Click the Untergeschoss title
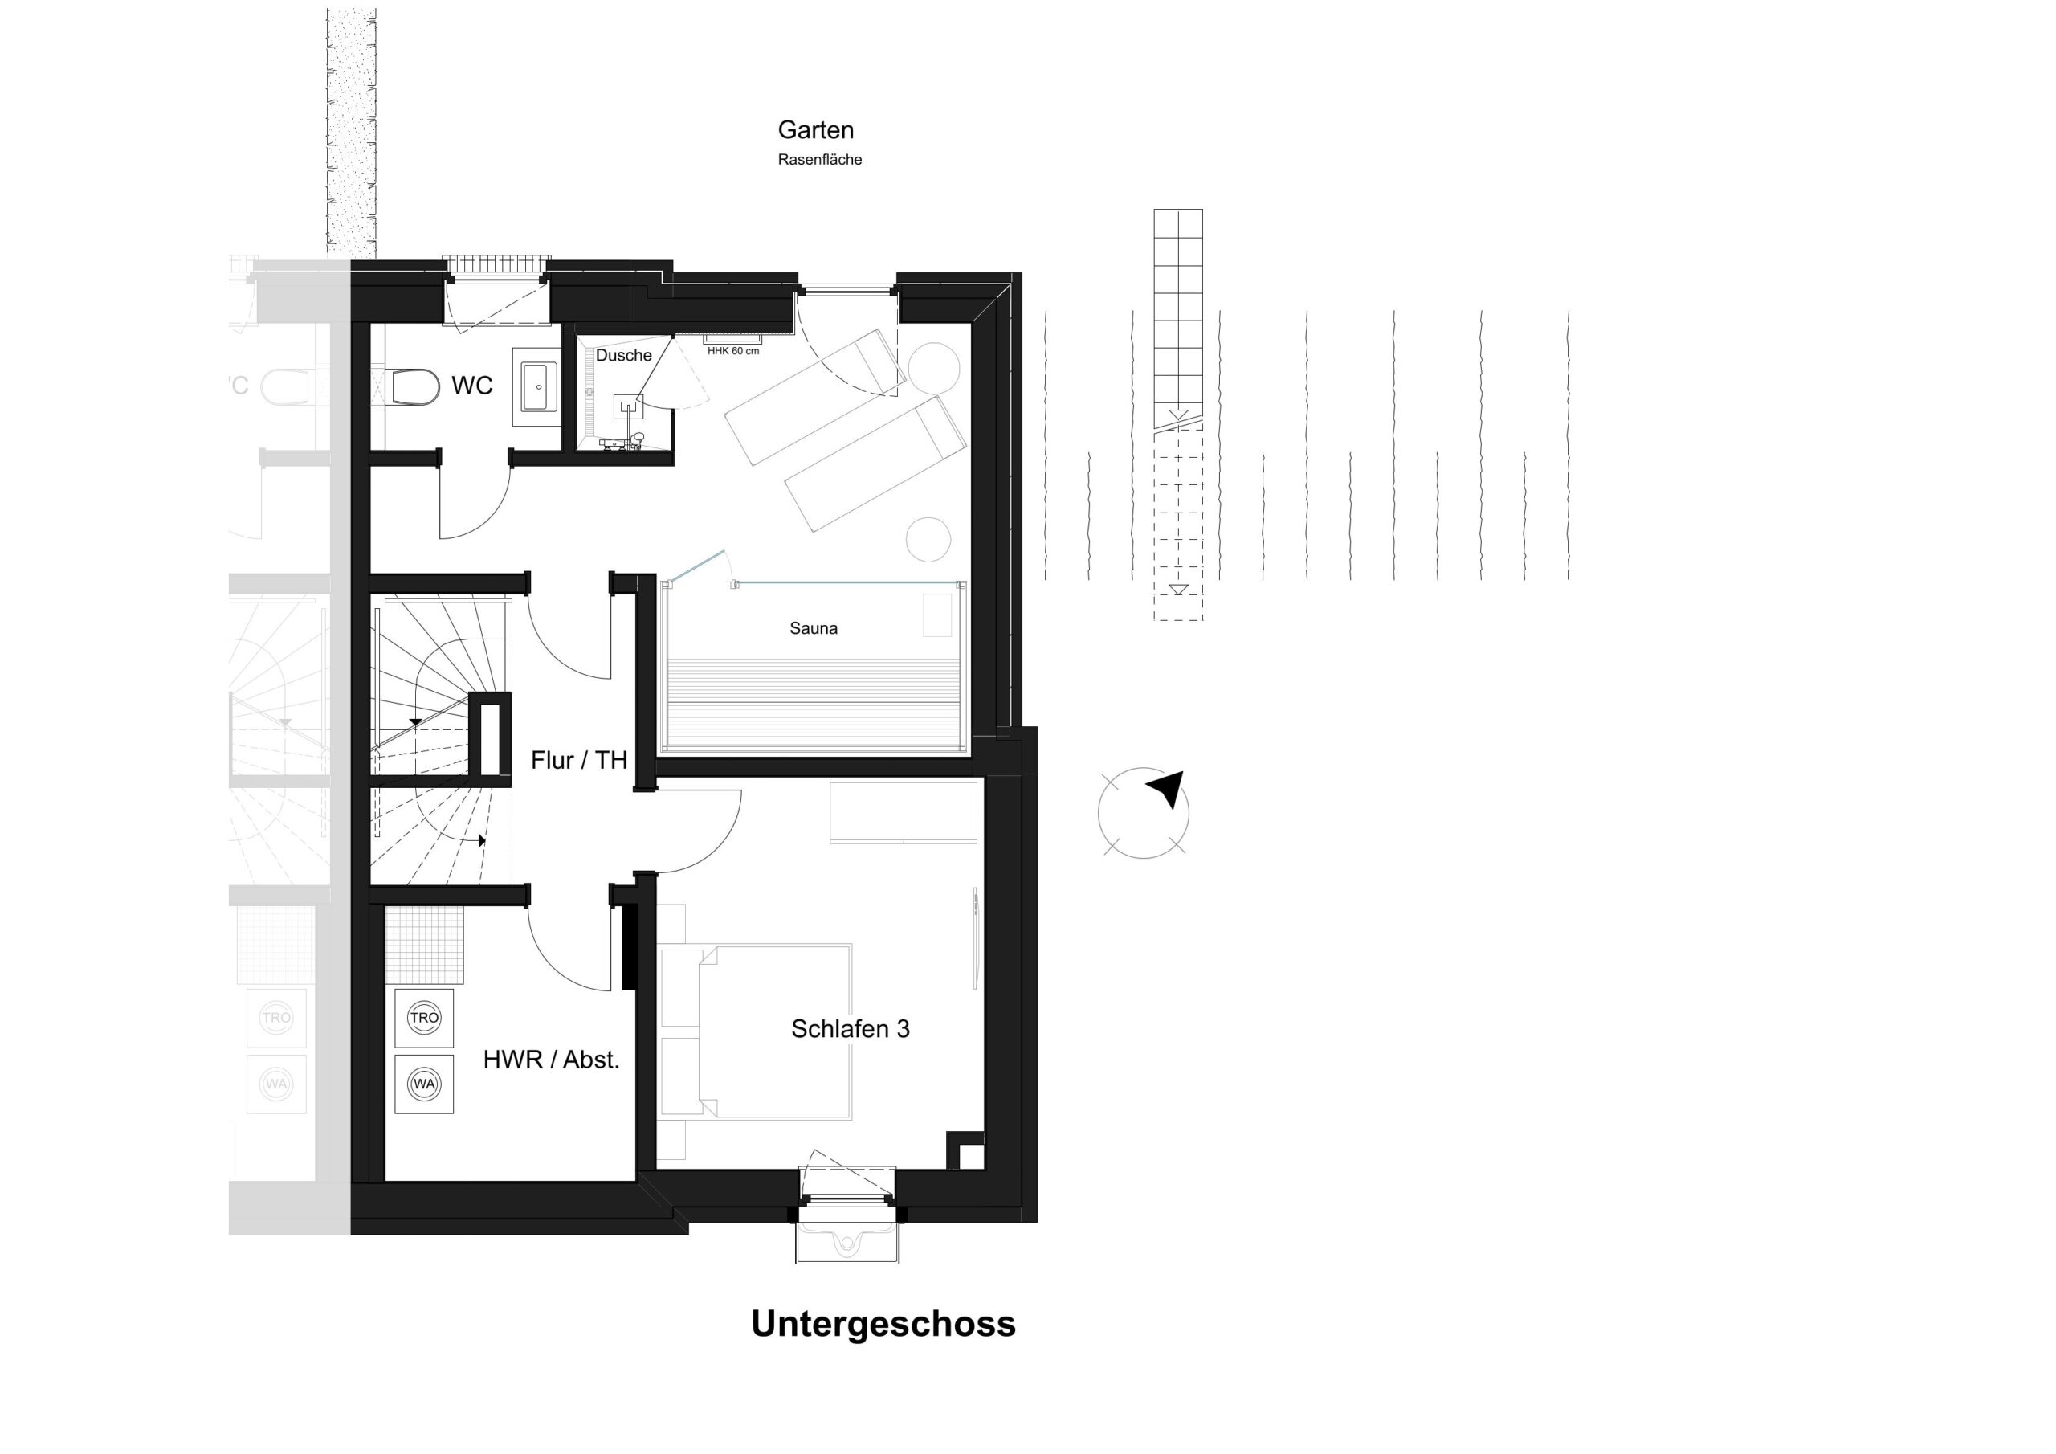pyautogui.click(x=883, y=1324)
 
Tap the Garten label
pyautogui.click(x=815, y=130)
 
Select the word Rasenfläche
pyautogui.click(x=819, y=161)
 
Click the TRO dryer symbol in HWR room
pyautogui.click(x=423, y=1018)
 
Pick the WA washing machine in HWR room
pyautogui.click(x=423, y=1084)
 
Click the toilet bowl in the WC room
pyautogui.click(x=416, y=387)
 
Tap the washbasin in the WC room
pyautogui.click(x=538, y=387)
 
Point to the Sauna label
pyautogui.click(x=813, y=629)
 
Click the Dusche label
pyautogui.click(x=623, y=356)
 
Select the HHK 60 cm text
pyautogui.click(x=732, y=351)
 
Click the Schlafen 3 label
pyautogui.click(x=850, y=1028)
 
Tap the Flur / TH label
pyautogui.click(x=578, y=761)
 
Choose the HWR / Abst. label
pyautogui.click(x=551, y=1060)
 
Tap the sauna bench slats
pyautogui.click(x=813, y=703)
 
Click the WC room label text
pyautogui.click(x=472, y=386)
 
